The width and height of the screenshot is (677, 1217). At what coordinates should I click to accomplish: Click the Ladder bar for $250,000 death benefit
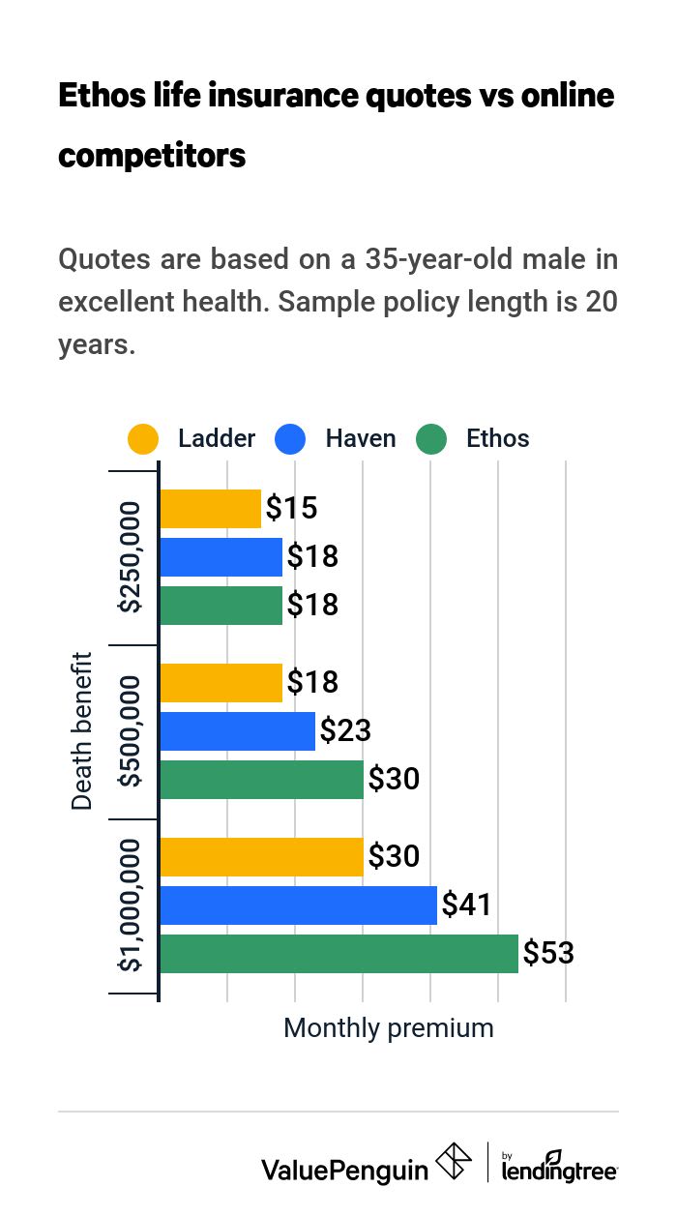(210, 509)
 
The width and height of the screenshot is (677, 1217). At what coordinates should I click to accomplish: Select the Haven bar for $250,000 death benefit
(221, 557)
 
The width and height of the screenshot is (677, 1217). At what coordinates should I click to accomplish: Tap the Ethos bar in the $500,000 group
(261, 780)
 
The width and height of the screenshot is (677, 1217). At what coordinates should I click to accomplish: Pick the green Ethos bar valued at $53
(338, 954)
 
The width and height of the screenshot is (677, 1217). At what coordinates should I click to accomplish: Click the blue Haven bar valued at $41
(298, 905)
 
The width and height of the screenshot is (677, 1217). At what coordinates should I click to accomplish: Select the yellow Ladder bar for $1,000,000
(261, 857)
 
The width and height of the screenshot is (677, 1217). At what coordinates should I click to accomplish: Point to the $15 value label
(291, 509)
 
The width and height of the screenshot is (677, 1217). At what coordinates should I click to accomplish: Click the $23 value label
(345, 731)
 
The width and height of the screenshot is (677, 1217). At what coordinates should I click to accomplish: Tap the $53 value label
(548, 954)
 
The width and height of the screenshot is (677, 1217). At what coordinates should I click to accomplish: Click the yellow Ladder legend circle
(143, 439)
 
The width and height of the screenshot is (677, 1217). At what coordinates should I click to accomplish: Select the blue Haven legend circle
(290, 439)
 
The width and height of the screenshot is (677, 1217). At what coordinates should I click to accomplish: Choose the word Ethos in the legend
(497, 439)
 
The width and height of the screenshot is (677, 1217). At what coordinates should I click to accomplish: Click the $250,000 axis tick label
(130, 557)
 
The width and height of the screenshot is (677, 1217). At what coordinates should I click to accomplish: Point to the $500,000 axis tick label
(130, 731)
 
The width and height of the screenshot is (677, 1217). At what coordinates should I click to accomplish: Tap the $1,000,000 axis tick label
(130, 905)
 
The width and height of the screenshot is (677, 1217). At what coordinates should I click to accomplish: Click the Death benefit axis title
(83, 731)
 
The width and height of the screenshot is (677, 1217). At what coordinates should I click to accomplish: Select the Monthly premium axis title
(388, 1028)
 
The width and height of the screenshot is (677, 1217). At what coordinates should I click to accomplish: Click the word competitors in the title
(152, 155)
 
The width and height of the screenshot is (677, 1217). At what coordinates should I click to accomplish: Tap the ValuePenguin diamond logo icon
(454, 1162)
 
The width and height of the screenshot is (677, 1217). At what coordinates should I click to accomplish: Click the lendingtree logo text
(559, 1169)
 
